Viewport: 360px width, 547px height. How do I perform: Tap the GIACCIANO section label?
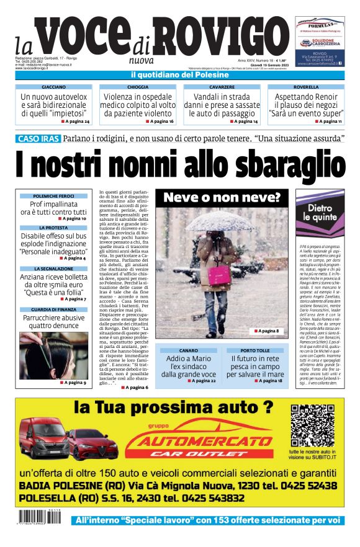coord(53,87)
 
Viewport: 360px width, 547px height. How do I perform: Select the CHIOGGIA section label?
coord(137,87)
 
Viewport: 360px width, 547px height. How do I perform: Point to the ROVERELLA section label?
coord(305,87)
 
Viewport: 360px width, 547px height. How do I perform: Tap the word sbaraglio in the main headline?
coord(276,165)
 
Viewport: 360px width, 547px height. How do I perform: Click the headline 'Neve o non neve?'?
coord(222,198)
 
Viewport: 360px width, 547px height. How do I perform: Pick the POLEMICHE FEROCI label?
coord(53,196)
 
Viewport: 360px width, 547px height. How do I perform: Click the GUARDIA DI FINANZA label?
coord(53,309)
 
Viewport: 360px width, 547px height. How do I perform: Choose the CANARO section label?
coord(188,351)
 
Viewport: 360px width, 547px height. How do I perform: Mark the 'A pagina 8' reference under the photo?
coord(268,332)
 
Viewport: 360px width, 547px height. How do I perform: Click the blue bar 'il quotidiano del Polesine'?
coord(180,75)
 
